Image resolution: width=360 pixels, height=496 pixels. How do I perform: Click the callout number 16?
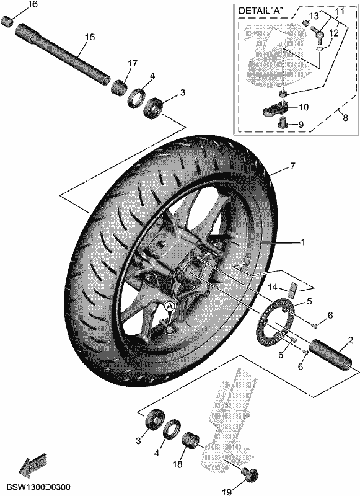tap(33, 4)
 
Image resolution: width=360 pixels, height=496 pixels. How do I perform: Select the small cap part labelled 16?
tap(7, 21)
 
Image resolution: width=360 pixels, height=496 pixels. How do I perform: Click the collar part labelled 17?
tap(118, 86)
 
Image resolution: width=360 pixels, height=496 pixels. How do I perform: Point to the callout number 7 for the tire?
tap(292, 166)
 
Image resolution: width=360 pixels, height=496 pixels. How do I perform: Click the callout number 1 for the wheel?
tap(303, 242)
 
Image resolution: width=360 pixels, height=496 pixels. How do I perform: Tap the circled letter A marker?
tap(170, 306)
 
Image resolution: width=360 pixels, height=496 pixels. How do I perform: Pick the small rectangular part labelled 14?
tap(293, 290)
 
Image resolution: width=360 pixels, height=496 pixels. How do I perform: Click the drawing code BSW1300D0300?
tap(38, 487)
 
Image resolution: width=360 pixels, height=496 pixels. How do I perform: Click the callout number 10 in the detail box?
tap(304, 107)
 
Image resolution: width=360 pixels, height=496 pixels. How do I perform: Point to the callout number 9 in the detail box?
tap(301, 125)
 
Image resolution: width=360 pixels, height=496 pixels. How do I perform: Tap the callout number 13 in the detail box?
tap(314, 15)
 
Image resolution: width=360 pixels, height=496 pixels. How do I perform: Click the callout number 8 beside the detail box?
tap(346, 117)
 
